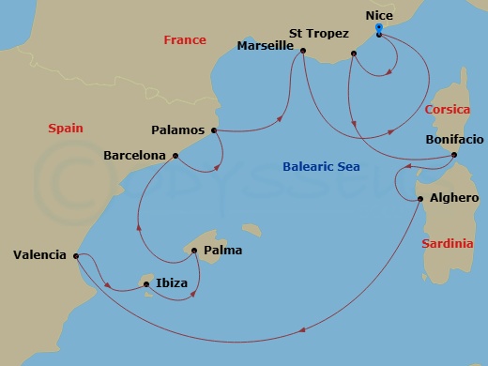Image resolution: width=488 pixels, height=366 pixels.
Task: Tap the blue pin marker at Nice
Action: tap(378, 29)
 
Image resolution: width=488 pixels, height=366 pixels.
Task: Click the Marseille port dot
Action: tap(302, 51)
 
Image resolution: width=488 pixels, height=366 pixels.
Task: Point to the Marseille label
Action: tap(266, 45)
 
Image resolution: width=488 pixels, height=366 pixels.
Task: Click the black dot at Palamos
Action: tap(215, 130)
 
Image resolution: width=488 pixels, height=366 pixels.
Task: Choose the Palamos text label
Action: tap(179, 130)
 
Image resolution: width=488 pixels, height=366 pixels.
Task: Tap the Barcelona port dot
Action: tap(175, 156)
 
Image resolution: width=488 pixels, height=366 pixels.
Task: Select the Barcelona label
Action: tap(133, 156)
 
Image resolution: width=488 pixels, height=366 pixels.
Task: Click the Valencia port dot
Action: tap(76, 255)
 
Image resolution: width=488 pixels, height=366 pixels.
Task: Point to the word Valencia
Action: tap(39, 254)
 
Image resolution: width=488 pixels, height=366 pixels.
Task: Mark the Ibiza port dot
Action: tap(146, 283)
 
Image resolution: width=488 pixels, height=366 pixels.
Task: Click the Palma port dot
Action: tap(194, 251)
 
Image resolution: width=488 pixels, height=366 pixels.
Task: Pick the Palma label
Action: tap(221, 251)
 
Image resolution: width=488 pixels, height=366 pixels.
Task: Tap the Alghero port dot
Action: tap(420, 199)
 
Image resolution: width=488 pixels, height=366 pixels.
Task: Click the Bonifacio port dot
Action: tap(454, 155)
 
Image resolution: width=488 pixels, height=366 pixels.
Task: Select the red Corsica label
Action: tap(447, 110)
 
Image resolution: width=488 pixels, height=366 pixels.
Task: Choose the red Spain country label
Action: tap(66, 129)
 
